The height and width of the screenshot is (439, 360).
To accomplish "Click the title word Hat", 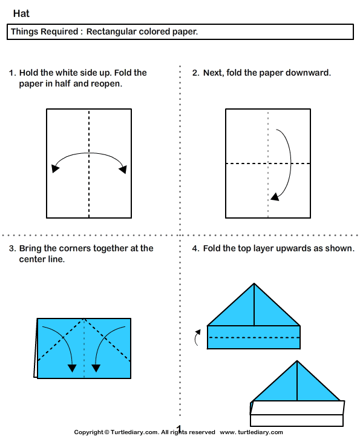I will click(x=21, y=13).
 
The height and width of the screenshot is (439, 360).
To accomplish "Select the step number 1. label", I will click(x=12, y=73).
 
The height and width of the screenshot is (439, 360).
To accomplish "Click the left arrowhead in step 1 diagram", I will click(x=56, y=168).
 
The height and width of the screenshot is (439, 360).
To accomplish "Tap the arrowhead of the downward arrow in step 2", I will click(x=275, y=196).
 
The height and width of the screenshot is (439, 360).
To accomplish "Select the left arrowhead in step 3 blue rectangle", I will click(x=72, y=367).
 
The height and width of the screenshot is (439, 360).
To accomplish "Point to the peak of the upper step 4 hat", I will click(x=254, y=284).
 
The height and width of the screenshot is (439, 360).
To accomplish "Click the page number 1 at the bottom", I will click(x=179, y=428).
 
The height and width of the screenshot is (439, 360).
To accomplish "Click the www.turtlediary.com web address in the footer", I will click(x=251, y=432).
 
